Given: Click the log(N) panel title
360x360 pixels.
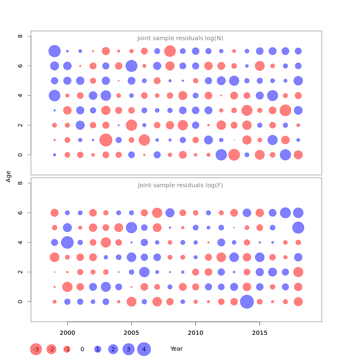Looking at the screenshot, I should [180, 38].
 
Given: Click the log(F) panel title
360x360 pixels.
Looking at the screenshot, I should [180, 185].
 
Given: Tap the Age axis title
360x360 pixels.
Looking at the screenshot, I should [8, 176].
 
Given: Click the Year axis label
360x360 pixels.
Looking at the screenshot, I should [176, 349].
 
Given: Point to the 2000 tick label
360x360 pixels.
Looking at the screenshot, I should [67, 333].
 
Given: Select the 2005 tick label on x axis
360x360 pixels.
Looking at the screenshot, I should [131, 333].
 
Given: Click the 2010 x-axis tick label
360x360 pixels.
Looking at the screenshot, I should [196, 333].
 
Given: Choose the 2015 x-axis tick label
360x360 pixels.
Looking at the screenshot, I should [260, 333].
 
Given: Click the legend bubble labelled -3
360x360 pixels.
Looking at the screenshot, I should [36, 349].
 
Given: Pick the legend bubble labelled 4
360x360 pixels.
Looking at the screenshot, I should [144, 349].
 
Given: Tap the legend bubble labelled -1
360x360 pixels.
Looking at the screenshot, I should [67, 349].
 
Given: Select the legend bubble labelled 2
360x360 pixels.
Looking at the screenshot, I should [113, 349].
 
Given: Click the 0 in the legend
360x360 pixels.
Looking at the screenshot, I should [82, 349].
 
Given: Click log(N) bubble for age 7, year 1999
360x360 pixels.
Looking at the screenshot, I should [55, 51].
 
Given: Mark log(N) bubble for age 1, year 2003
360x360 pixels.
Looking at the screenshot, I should [106, 140].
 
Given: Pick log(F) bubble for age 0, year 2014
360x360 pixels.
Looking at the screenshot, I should [247, 302].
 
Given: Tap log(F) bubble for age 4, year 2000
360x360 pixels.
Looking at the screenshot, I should [67, 242].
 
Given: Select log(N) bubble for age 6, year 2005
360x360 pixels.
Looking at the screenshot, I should [131, 66].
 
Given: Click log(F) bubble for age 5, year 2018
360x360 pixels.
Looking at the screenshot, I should [298, 228].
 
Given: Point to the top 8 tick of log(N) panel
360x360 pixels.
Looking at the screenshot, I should [20, 36].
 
